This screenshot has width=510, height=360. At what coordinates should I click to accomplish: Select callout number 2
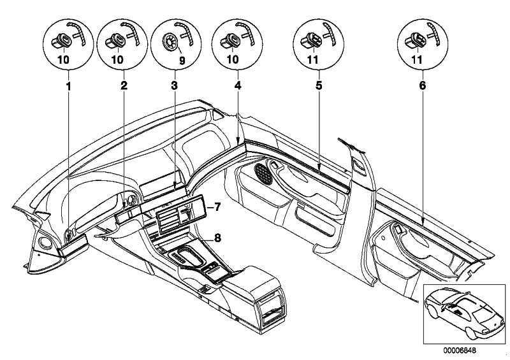tap(124, 83)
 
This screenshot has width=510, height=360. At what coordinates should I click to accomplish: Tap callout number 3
tap(175, 83)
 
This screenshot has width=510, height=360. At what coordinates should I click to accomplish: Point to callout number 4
tap(237, 83)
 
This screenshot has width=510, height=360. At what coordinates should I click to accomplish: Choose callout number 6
tap(423, 83)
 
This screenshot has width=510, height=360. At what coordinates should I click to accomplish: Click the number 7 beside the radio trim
tap(217, 206)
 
